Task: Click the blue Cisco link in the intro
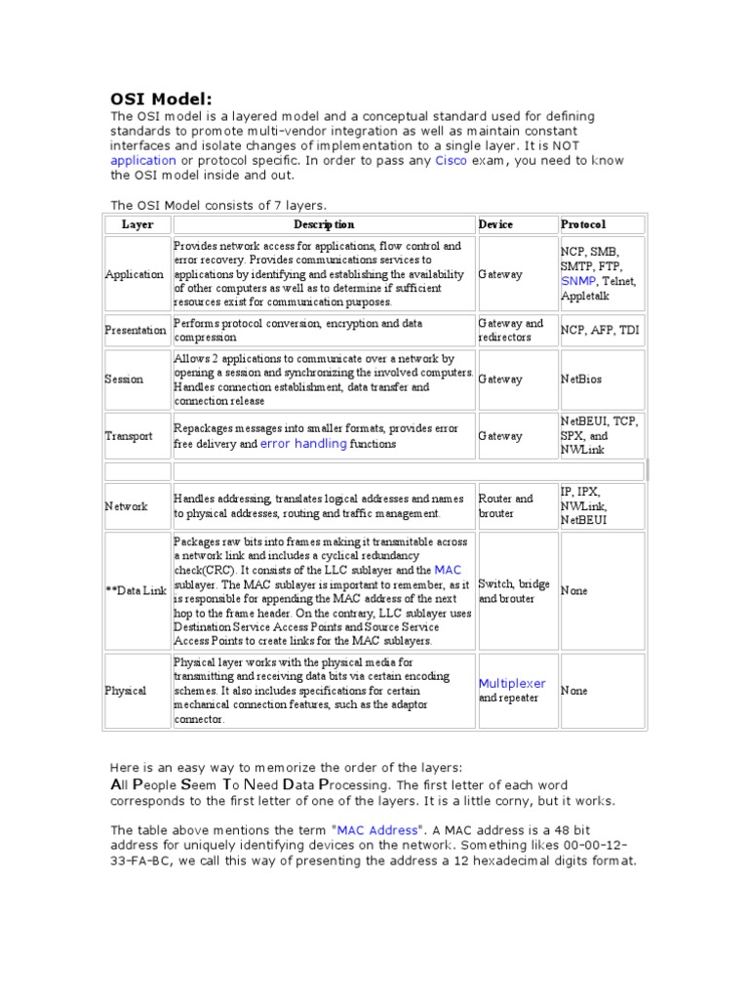(x=451, y=161)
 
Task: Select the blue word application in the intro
(x=143, y=161)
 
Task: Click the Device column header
(x=495, y=224)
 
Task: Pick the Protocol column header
(x=583, y=224)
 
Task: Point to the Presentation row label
(x=136, y=331)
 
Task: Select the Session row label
(x=124, y=380)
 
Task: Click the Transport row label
(x=129, y=436)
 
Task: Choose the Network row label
(x=127, y=506)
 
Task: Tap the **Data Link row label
(x=136, y=591)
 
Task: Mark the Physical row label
(x=126, y=691)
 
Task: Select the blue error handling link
(x=303, y=444)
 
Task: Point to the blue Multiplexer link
(x=512, y=684)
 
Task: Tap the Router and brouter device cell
(x=506, y=506)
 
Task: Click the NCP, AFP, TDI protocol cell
(x=600, y=331)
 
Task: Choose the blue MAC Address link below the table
(x=376, y=830)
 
